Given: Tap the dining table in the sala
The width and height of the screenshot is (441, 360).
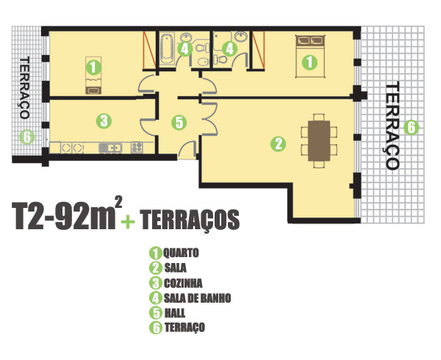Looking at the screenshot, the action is click(x=319, y=141).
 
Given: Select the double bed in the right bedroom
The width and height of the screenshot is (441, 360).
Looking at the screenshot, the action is click(x=310, y=56).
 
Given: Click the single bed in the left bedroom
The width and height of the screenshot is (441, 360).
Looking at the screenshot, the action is click(x=93, y=76).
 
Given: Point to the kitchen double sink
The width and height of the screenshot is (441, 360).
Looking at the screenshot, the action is click(x=110, y=148).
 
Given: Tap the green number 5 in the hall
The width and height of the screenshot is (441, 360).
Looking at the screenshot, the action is click(x=179, y=123).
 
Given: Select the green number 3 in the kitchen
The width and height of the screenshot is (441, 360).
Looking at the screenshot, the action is click(x=104, y=120).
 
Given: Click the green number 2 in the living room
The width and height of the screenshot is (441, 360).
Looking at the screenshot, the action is click(x=278, y=144).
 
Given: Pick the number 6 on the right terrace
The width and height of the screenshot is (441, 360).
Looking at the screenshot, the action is click(x=411, y=128).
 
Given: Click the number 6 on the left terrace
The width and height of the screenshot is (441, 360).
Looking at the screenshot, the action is click(x=27, y=137).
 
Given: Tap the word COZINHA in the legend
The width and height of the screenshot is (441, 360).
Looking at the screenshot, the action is click(x=183, y=284).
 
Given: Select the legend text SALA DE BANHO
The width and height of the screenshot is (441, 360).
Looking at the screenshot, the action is click(x=198, y=298).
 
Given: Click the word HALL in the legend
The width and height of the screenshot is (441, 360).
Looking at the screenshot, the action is click(x=175, y=313).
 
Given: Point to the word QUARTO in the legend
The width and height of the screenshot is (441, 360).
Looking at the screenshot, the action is click(x=181, y=253).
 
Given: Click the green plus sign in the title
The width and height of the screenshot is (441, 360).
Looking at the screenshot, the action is click(x=128, y=221).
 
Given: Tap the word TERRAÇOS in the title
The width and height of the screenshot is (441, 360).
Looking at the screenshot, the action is click(x=190, y=220).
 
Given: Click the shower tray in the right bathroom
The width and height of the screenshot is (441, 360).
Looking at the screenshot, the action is click(x=222, y=40).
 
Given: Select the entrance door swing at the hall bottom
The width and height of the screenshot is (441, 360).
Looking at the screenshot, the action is click(x=187, y=148).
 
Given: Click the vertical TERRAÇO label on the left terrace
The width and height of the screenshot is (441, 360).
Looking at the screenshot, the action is click(x=25, y=87).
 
